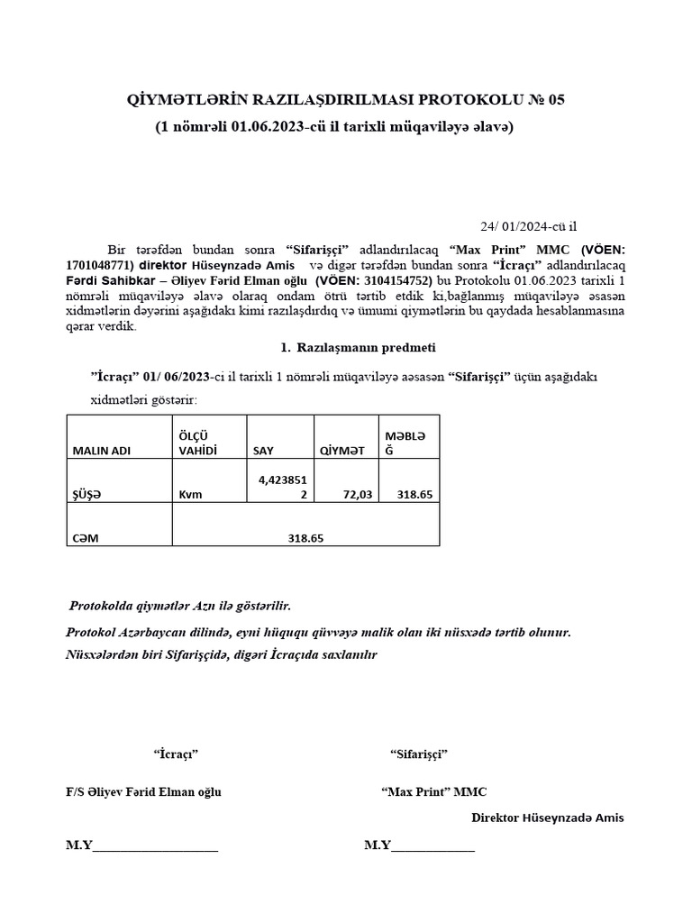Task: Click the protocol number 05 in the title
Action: pos(555,100)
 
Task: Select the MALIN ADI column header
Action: pos(102,451)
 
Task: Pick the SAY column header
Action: pos(263,451)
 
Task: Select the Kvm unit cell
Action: pos(189,494)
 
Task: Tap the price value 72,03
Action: pos(359,494)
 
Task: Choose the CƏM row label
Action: pos(86,538)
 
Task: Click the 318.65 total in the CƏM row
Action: pos(305,538)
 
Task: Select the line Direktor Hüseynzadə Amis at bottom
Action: pos(548,818)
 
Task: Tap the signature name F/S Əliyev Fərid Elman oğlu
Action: pos(143,791)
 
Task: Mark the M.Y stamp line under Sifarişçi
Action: pos(419,845)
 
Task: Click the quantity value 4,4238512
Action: pos(281,487)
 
